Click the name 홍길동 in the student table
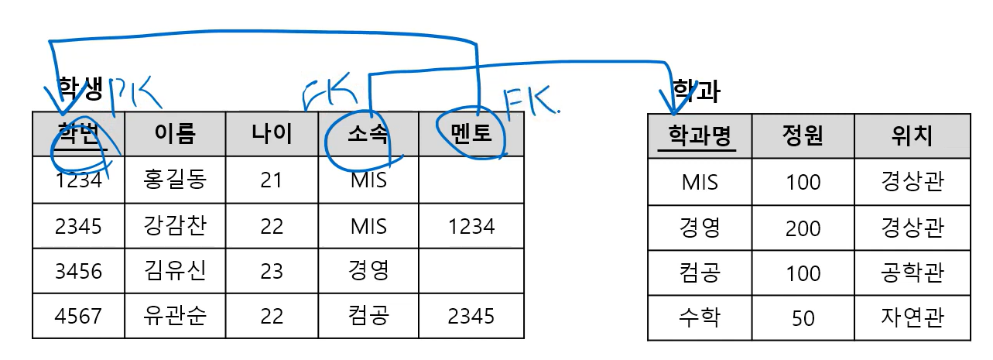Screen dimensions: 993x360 pos(175,181)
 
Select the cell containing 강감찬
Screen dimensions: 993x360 pos(175,226)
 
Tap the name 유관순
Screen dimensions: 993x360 pos(175,316)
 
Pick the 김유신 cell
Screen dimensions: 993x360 pos(175,271)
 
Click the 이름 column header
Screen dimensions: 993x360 pos(175,134)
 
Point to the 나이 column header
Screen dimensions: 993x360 pos(272,134)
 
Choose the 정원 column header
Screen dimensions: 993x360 pos(803,136)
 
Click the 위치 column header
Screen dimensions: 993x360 pos(913,136)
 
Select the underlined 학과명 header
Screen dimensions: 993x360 pos(700,136)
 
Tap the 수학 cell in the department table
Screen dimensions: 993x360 pos(700,317)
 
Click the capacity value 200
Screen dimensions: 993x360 pos(803,228)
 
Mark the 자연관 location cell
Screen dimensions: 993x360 pos(913,317)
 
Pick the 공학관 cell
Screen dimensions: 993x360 pos(913,273)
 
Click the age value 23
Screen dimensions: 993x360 pos(272,271)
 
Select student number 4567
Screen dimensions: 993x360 pos(78,316)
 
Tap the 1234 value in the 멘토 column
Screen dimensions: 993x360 pos(471,226)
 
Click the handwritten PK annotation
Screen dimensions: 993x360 pos(135,94)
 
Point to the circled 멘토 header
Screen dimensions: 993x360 pos(471,134)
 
